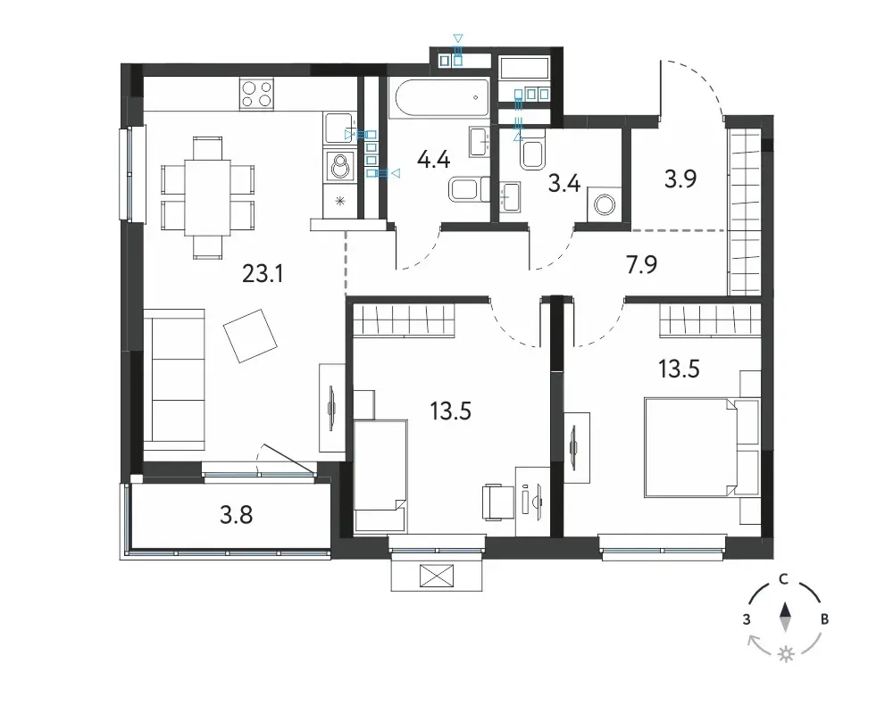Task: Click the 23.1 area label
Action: tap(263, 274)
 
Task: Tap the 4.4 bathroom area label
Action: tap(433, 160)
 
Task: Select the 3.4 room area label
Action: tap(563, 184)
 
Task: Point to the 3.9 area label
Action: tap(680, 178)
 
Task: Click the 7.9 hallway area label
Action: tap(641, 265)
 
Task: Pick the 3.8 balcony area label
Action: tap(237, 515)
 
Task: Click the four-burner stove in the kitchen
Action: tap(256, 94)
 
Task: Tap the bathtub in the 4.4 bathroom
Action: tap(439, 97)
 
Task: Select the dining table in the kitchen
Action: tap(207, 197)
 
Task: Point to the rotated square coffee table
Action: tap(250, 336)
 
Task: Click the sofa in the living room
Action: tap(174, 380)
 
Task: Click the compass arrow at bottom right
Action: tap(786, 618)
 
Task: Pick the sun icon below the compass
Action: tap(787, 653)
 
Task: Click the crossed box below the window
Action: tap(437, 576)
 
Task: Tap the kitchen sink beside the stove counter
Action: tap(338, 129)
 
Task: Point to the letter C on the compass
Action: tap(784, 579)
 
